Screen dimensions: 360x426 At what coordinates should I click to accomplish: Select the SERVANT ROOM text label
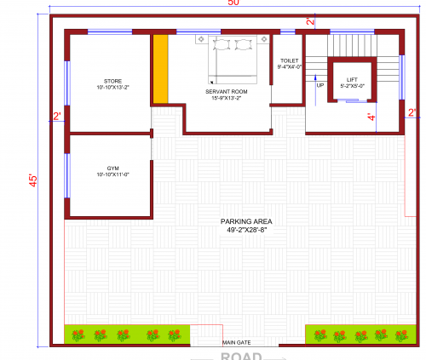(x=226, y=91)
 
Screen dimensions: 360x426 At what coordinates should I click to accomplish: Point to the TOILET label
(x=289, y=62)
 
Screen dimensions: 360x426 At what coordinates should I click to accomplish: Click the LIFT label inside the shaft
(x=352, y=79)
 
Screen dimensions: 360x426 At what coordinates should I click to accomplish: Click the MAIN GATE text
(x=237, y=342)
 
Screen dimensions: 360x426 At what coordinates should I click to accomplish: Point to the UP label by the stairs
(x=320, y=85)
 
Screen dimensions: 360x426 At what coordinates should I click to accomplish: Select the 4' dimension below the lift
(x=371, y=117)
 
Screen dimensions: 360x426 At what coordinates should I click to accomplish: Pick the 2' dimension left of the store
(x=57, y=117)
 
